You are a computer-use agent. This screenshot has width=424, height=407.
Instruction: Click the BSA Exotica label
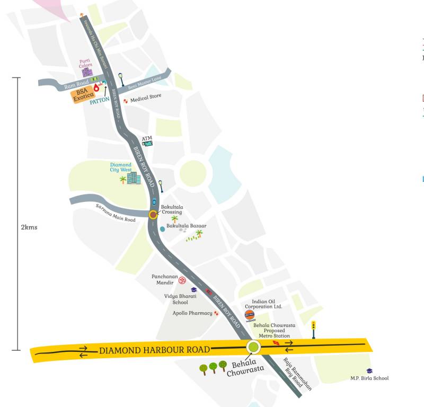83,95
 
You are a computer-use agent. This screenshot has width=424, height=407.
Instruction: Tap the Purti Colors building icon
87,72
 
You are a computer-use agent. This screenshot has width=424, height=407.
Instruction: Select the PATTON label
100,100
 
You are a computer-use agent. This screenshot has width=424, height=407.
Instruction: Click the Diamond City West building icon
134,178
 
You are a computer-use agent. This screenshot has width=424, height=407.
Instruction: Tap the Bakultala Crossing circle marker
153,215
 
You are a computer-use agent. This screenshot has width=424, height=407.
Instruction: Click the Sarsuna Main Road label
116,212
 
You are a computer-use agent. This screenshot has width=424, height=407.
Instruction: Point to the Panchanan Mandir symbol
183,279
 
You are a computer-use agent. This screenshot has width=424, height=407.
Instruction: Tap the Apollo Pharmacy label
192,313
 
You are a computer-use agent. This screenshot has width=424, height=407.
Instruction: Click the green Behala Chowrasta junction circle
253,347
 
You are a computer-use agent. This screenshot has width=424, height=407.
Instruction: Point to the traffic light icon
313,329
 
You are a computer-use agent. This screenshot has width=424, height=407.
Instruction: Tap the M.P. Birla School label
369,378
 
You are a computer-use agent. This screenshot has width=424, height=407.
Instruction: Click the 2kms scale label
29,227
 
